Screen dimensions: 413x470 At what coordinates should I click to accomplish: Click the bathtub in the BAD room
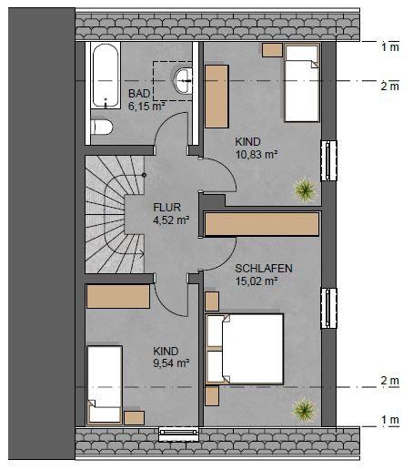[106, 76]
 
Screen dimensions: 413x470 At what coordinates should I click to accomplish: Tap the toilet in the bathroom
[102, 127]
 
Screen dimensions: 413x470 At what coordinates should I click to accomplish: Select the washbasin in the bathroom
[183, 81]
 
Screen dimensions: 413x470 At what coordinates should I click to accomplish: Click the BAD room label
[139, 94]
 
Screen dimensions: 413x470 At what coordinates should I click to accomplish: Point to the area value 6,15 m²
[146, 107]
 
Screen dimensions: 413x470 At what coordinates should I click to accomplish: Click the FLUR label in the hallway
[167, 208]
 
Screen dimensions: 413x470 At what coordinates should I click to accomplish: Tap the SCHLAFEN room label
[264, 269]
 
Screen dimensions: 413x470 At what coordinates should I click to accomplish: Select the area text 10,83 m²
[257, 155]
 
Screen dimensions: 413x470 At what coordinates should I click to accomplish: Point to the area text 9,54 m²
[171, 363]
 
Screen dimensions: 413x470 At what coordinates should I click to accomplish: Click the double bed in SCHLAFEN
[245, 349]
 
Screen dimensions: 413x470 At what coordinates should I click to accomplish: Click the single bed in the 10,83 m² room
[302, 83]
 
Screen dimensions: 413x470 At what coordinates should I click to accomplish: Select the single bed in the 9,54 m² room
[105, 384]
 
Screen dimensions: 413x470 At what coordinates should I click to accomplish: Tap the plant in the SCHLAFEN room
[304, 410]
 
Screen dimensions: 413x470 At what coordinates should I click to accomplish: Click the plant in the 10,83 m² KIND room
[305, 189]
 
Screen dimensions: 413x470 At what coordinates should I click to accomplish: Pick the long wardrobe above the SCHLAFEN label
[262, 224]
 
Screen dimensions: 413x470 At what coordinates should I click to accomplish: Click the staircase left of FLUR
[115, 214]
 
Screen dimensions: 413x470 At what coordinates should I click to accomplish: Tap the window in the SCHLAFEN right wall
[328, 308]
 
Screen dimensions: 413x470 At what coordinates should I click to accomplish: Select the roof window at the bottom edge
[178, 434]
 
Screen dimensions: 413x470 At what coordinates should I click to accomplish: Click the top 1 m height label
[390, 47]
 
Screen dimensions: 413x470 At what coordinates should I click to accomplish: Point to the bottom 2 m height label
[390, 381]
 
